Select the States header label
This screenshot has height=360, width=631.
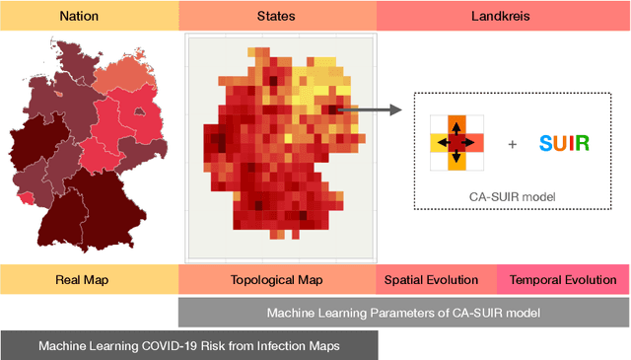click(x=276, y=16)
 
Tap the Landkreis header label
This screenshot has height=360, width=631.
click(x=502, y=16)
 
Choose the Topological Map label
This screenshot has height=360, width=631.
click(x=276, y=280)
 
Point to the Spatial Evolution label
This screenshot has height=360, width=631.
click(x=437, y=280)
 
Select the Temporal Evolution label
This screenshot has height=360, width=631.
click(x=563, y=280)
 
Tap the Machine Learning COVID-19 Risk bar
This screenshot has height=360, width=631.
click(x=187, y=345)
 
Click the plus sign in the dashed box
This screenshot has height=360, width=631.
click(x=512, y=144)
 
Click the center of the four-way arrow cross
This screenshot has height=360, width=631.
click(x=456, y=143)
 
